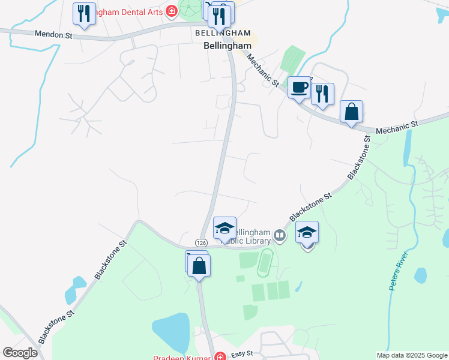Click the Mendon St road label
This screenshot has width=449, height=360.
click(53, 35)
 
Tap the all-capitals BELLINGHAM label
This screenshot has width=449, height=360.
click(222, 32)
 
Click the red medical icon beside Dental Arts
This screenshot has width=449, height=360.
click(171, 10)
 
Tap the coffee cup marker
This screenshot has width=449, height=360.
click(299, 88)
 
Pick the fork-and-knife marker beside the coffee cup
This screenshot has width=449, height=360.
click(322, 94)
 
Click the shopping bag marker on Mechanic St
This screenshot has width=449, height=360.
click(351, 112)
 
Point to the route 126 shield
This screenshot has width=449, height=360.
click(201, 241)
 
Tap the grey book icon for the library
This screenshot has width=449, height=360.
click(280, 236)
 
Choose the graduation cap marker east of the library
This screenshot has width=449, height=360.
click(307, 232)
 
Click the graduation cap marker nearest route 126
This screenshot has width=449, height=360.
click(224, 228)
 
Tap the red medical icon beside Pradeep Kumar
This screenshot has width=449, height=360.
click(220, 356)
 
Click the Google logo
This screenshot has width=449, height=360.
click(20, 353)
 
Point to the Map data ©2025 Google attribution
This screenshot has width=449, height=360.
click(412, 355)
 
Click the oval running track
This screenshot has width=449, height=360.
click(265, 263)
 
